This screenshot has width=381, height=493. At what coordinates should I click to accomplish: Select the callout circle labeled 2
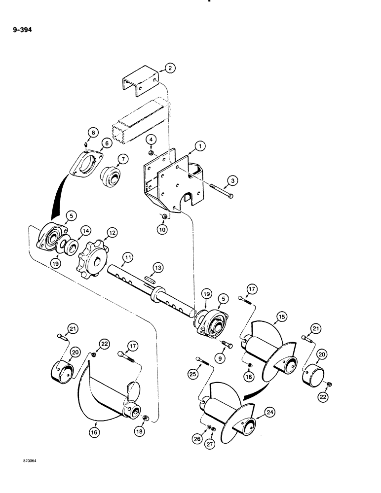pos(170,69)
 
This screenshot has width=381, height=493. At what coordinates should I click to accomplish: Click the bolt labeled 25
pos(202,363)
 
